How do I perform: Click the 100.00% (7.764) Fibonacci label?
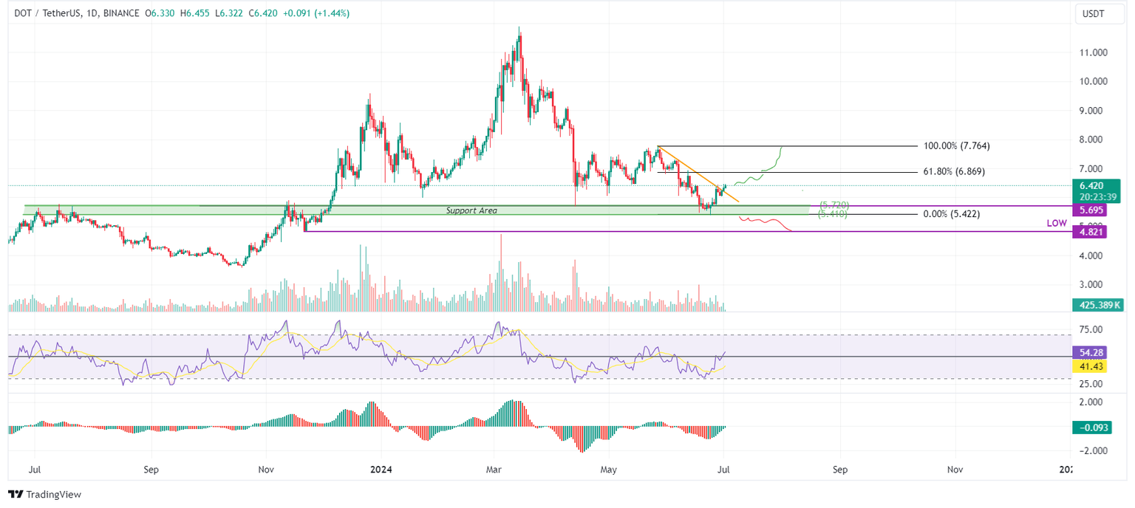tap(957, 146)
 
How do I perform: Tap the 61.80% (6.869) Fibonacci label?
tap(954, 171)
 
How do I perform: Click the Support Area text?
tap(471, 211)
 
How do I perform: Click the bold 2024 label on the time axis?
tap(382, 469)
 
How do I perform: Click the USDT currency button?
tap(1093, 14)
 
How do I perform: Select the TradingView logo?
tap(45, 494)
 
